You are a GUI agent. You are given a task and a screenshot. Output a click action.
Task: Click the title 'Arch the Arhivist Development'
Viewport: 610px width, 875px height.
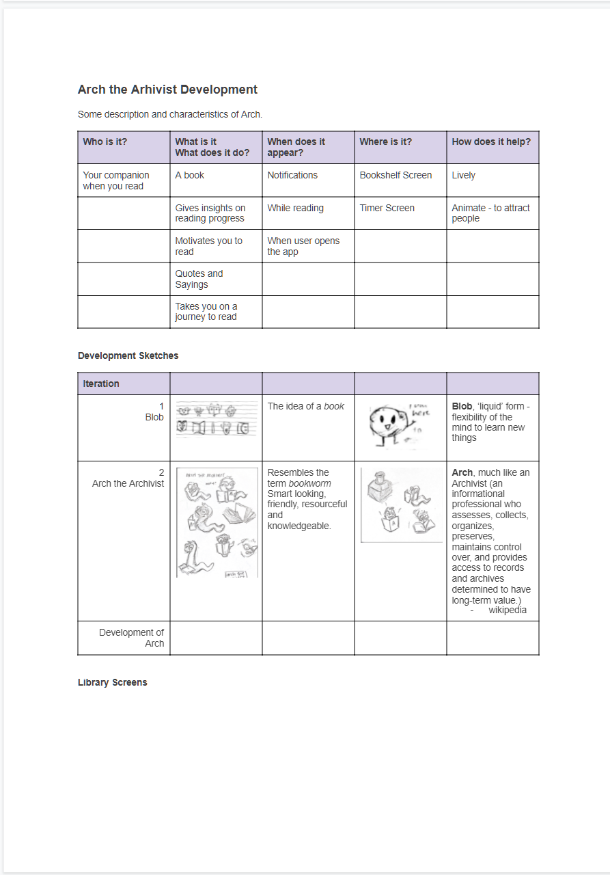coord(167,90)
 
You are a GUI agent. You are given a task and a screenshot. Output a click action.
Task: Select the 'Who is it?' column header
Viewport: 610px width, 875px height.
coord(105,142)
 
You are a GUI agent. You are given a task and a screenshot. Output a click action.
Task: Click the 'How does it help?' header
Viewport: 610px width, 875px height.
coord(490,142)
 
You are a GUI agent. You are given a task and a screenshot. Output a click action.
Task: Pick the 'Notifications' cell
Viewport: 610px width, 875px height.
coord(292,175)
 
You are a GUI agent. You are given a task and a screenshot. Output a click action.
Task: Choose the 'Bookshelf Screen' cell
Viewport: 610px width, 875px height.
coord(396,175)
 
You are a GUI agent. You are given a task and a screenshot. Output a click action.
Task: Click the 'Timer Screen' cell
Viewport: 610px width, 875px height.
coord(387,208)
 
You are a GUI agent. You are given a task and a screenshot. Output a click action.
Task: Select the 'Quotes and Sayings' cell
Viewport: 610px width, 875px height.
coord(199,279)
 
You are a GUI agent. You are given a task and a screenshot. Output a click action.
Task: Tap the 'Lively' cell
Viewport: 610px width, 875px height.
coord(463,175)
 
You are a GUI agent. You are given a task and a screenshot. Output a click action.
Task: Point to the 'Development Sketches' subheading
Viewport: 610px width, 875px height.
coord(128,355)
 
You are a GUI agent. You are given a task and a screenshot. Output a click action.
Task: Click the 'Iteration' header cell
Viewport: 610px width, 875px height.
coord(101,383)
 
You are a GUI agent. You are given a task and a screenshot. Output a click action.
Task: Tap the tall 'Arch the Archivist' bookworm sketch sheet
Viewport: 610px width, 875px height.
coord(217,522)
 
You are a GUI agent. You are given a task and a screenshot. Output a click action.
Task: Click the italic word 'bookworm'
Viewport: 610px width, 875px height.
coord(309,483)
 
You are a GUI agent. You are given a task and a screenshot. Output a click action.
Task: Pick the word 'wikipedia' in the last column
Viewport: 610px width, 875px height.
coord(507,610)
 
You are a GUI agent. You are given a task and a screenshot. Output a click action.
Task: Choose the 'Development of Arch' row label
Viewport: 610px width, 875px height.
coord(131,638)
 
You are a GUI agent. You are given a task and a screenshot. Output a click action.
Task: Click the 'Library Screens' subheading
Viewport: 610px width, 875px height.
coord(112,682)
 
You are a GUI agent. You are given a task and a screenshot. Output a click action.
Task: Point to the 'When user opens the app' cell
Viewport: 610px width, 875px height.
coord(303,246)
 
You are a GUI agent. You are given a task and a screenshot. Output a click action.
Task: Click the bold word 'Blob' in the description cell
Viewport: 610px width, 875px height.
coord(462,406)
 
